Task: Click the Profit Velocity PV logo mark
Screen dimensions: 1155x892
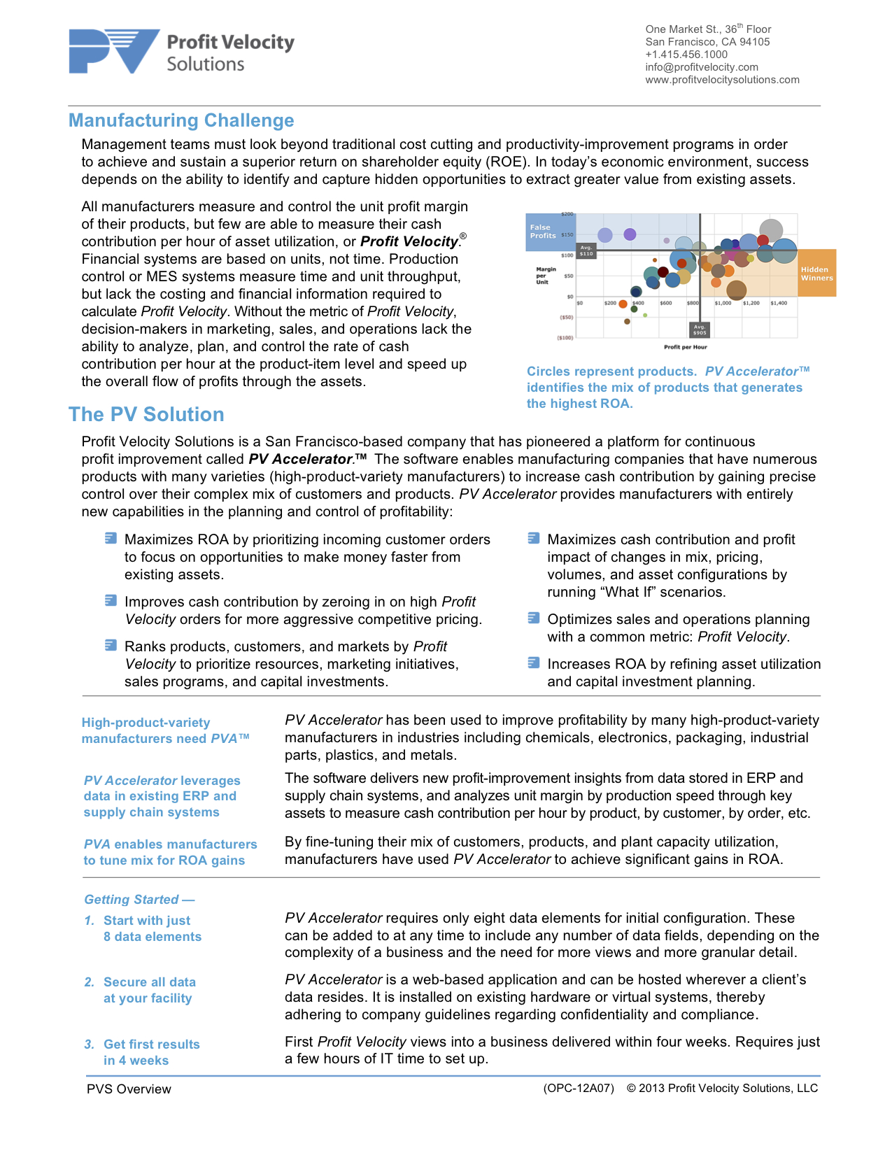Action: pos(114,51)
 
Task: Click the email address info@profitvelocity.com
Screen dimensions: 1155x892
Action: pos(701,67)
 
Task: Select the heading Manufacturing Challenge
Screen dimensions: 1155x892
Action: pos(181,120)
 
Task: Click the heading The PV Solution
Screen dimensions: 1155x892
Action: pos(146,414)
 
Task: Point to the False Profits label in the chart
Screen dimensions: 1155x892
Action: pos(542,232)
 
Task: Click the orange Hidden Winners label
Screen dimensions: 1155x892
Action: pos(816,274)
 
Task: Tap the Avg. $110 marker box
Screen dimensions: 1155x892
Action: pos(586,250)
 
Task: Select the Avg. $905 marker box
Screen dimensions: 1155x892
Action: pos(700,330)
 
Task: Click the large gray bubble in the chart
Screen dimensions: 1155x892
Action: pos(771,229)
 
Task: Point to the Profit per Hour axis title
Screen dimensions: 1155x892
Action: pos(685,347)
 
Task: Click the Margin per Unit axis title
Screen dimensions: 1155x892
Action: pos(546,275)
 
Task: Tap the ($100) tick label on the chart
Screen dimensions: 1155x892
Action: pos(565,338)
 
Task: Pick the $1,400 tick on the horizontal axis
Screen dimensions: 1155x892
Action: pos(779,304)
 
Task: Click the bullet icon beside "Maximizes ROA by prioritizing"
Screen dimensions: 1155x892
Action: pos(111,538)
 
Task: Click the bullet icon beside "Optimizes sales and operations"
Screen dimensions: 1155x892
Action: pos(534,618)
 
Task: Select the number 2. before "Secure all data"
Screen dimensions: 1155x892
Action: pos(89,982)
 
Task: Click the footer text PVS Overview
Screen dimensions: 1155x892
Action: pos(129,1089)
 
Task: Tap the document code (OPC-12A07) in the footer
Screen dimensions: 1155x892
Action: pos(579,1089)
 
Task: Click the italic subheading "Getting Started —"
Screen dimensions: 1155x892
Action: pos(139,900)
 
